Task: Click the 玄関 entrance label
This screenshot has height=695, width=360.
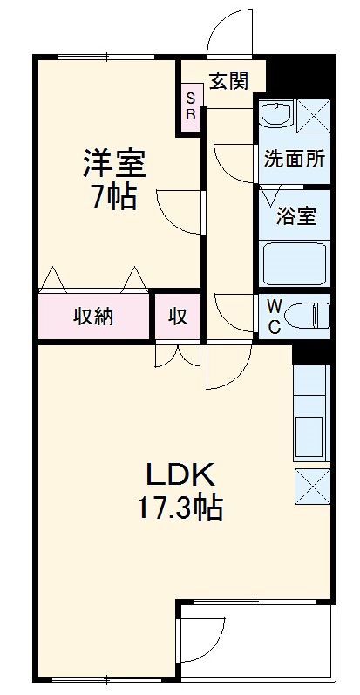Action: click(228, 81)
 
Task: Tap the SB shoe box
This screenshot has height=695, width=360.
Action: click(190, 107)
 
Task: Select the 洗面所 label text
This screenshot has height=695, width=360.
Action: click(295, 160)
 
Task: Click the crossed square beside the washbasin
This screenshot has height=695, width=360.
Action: click(312, 115)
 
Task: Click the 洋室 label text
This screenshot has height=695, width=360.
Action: click(114, 163)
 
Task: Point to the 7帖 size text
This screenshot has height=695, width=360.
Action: click(114, 198)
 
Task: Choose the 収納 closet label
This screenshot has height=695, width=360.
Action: click(93, 317)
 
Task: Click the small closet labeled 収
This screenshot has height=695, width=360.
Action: click(177, 317)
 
